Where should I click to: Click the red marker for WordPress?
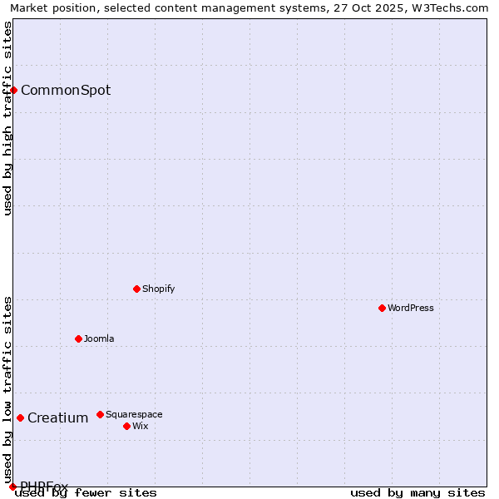(382, 308)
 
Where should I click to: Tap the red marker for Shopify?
(136, 289)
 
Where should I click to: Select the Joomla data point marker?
(78, 338)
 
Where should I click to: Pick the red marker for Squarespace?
(100, 414)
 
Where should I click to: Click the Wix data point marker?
(126, 426)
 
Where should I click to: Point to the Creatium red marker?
(20, 417)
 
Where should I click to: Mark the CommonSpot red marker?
(14, 90)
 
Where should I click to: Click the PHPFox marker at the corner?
(12, 487)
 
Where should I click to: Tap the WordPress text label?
(411, 308)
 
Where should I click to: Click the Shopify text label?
(159, 289)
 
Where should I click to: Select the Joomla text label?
(99, 338)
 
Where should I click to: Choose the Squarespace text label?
(134, 414)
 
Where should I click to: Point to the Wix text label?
(141, 426)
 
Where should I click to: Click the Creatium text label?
(57, 417)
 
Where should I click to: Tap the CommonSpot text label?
(66, 90)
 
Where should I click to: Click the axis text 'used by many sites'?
(417, 492)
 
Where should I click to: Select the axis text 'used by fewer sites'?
(86, 492)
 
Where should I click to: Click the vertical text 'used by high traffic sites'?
(7, 118)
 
